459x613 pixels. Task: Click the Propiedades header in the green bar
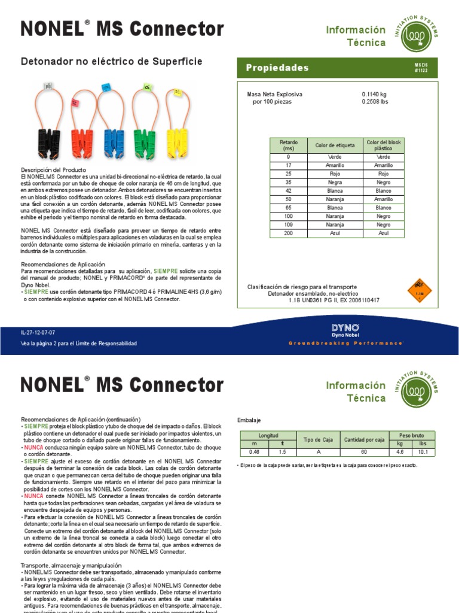(277, 68)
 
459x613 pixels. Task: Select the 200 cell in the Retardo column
(288, 233)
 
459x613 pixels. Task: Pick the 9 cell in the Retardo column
(288, 157)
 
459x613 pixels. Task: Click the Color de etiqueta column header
(335, 145)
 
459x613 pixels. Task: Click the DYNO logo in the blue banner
(345, 328)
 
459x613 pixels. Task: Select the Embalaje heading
(249, 420)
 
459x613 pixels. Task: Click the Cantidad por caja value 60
(364, 451)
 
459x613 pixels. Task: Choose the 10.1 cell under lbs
(423, 451)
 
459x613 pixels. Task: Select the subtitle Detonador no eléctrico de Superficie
(112, 62)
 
